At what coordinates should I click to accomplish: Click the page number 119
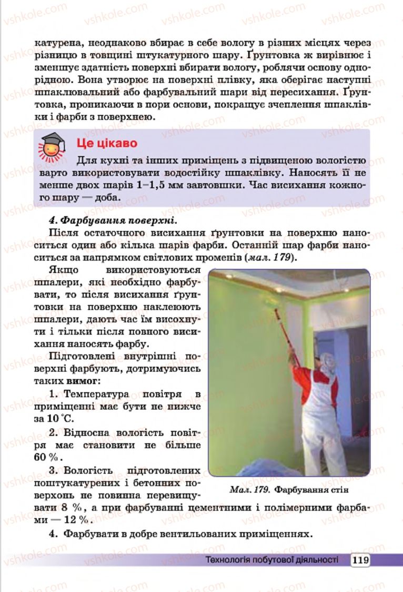click(360, 559)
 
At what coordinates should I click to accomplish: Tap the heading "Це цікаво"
click(107, 143)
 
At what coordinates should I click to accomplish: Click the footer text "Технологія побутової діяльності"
click(271, 559)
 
